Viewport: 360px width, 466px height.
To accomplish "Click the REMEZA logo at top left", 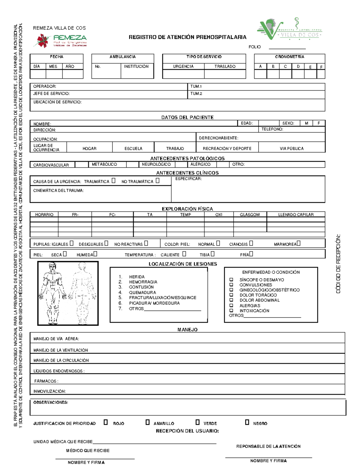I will pyautogui.click(x=61, y=41).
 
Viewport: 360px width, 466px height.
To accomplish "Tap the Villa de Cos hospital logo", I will pyautogui.click(x=289, y=29).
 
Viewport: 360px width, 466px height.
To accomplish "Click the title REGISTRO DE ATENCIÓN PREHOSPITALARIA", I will pyautogui.click(x=187, y=37).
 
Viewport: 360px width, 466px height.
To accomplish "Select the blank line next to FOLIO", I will pyautogui.click(x=287, y=47).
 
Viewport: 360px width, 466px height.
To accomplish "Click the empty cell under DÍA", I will pyautogui.click(x=38, y=74).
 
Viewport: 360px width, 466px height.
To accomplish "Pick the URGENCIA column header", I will pyautogui.click(x=183, y=66).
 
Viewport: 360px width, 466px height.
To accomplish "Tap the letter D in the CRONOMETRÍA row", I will pyautogui.click(x=298, y=67).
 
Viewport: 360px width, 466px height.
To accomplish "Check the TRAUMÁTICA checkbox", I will pyautogui.click(x=113, y=181).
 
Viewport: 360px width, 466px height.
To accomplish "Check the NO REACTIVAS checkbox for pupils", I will pyautogui.click(x=146, y=243).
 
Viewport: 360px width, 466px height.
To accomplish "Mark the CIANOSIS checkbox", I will pyautogui.click(x=251, y=243).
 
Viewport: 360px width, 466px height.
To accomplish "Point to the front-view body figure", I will pyautogui.click(x=53, y=293).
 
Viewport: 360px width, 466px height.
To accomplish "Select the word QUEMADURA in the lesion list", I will pyautogui.click(x=142, y=292).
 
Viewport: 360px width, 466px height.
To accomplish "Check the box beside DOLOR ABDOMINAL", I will pyautogui.click(x=231, y=300).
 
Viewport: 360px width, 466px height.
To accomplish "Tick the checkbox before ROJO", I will pyautogui.click(x=106, y=422).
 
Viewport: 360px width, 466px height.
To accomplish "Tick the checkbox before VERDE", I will pyautogui.click(x=197, y=422).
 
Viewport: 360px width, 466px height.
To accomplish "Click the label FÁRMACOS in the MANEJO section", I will pyautogui.click(x=46, y=381).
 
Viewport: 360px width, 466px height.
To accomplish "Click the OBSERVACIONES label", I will pyautogui.click(x=50, y=402).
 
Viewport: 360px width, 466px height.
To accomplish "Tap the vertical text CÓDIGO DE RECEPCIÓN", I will pyautogui.click(x=338, y=264).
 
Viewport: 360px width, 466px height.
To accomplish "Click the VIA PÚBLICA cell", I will pyautogui.click(x=292, y=148).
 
